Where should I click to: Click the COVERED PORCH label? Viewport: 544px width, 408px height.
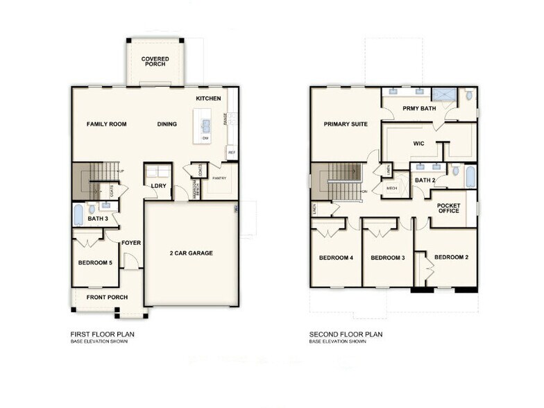click(155, 62)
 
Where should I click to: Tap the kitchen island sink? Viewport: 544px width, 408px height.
click(206, 126)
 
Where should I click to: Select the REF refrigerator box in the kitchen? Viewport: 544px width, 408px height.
click(230, 152)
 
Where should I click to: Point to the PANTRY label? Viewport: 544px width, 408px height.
click(219, 178)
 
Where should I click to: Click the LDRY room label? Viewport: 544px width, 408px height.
click(158, 185)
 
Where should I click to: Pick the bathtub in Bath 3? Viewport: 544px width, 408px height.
click(78, 214)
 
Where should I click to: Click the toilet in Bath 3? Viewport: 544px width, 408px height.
click(92, 209)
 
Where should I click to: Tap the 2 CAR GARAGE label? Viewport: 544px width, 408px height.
click(191, 253)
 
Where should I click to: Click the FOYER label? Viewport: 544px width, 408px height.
click(131, 243)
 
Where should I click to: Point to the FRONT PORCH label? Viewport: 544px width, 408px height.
click(106, 298)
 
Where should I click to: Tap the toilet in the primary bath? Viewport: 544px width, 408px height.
click(469, 95)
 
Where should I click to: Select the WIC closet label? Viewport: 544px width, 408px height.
click(418, 144)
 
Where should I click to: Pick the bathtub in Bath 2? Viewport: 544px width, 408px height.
click(470, 176)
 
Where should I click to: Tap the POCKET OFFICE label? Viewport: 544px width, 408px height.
click(448, 207)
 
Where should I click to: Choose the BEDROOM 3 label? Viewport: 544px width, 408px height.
click(387, 258)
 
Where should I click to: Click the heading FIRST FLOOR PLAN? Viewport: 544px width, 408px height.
click(102, 334)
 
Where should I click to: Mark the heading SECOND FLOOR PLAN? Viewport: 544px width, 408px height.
click(346, 334)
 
